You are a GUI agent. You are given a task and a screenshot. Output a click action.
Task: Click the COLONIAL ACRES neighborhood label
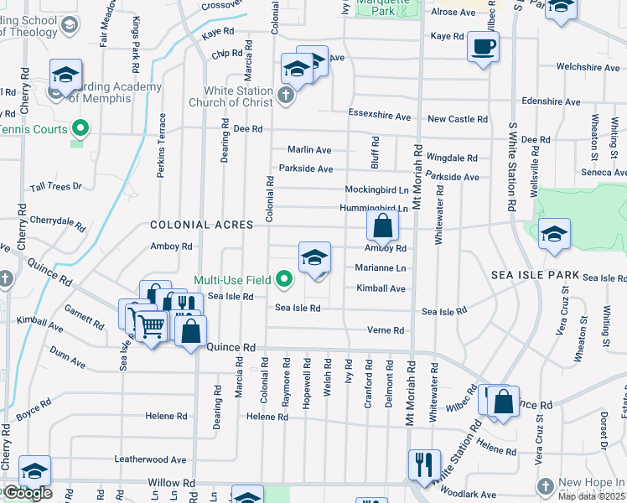201,226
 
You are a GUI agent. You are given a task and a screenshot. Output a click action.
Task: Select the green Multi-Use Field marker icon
286,279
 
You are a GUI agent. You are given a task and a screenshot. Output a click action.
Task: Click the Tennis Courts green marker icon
80,129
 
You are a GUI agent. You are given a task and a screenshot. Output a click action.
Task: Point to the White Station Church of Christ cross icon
286,95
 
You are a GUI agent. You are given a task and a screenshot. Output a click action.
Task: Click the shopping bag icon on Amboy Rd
382,225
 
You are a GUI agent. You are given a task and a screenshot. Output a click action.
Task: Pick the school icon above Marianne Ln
314,257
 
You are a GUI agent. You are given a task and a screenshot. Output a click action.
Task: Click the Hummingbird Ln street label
374,208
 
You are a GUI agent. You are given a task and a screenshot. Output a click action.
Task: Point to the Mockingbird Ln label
376,190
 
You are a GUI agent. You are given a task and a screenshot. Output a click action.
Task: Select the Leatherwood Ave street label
151,459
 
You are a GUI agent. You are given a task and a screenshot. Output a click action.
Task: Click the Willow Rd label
171,484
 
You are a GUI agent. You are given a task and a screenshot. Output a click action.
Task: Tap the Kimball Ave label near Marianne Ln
381,288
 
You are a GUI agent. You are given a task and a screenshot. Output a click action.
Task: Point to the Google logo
28,493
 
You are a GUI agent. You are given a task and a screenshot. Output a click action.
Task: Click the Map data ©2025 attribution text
590,496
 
